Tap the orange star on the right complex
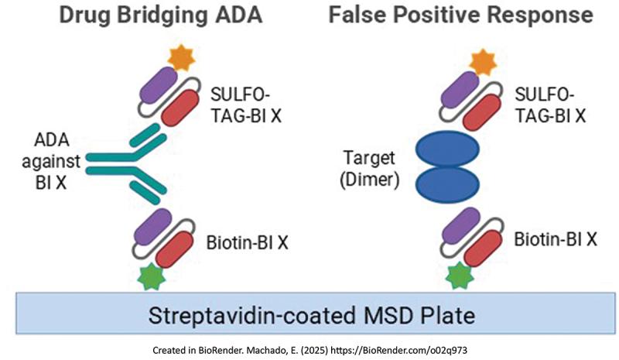(483, 60)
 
